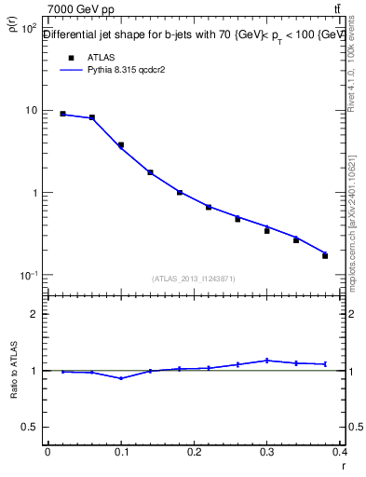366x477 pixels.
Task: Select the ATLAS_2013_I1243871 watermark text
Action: tap(194, 279)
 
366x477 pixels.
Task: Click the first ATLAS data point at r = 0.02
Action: tap(62, 114)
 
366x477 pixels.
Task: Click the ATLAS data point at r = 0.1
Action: tap(121, 145)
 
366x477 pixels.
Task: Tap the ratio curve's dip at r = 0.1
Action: tap(121, 378)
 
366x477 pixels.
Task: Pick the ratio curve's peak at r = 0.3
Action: tap(267, 360)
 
